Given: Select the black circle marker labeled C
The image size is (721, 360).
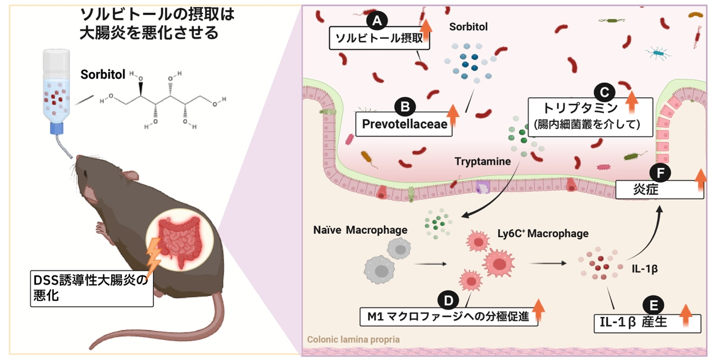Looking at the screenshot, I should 603,92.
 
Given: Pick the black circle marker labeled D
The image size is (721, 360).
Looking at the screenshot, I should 449,299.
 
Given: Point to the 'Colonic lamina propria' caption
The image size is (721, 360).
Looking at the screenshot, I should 353,340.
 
